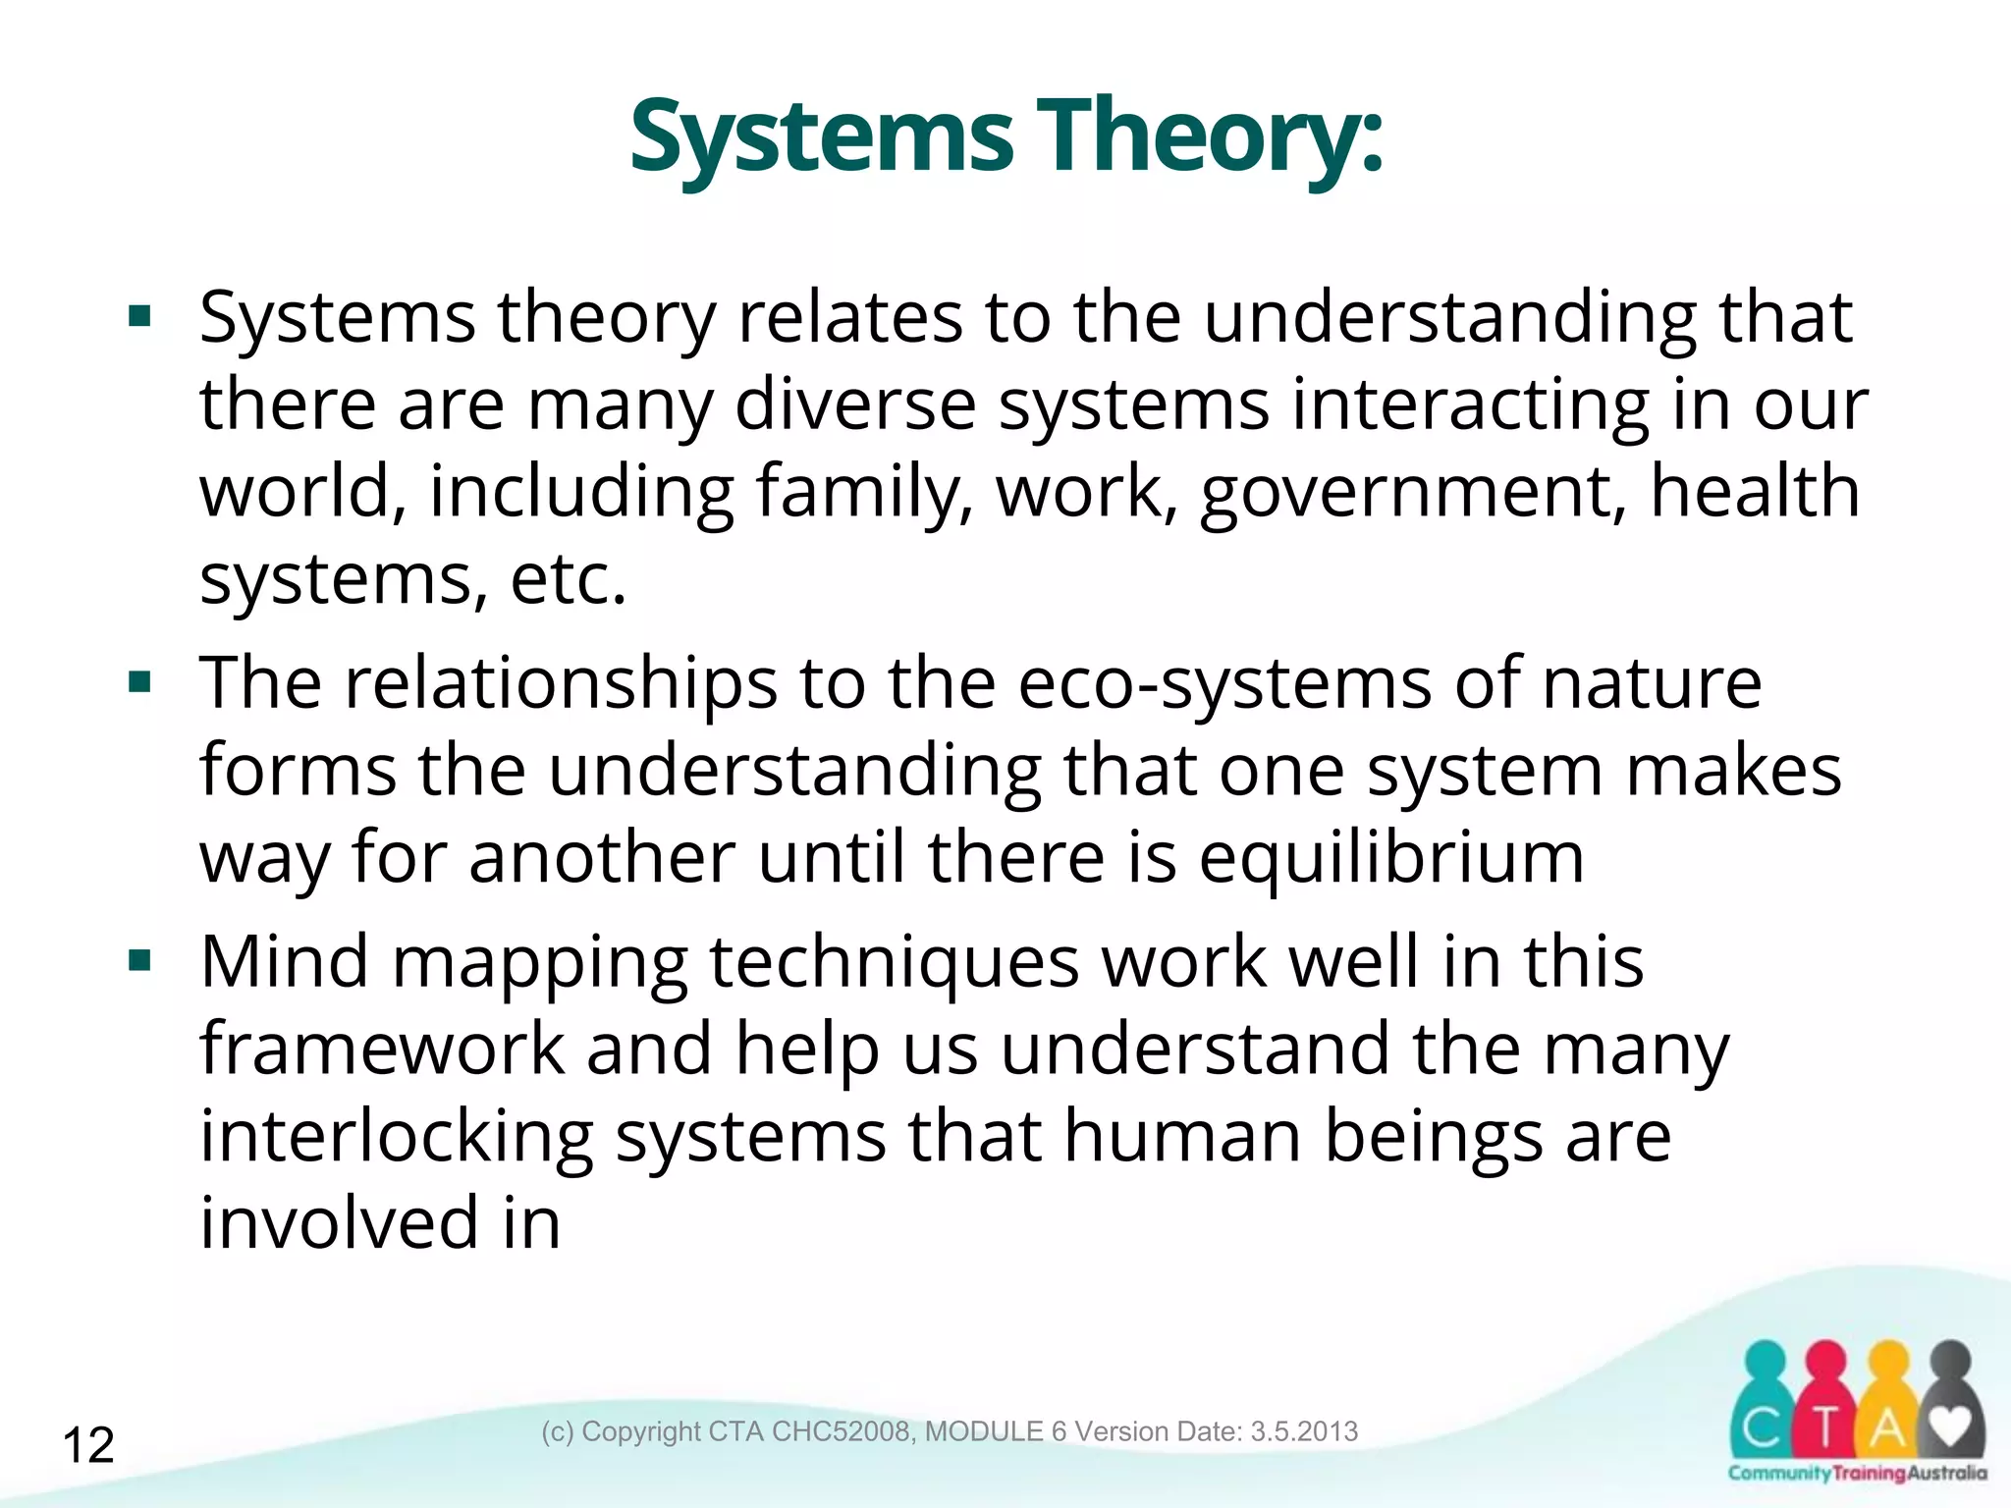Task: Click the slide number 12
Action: point(88,1445)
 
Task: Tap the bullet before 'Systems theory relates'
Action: point(139,316)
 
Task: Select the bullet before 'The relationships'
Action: point(139,681)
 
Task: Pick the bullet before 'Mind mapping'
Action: point(139,960)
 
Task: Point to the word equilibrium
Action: point(1390,856)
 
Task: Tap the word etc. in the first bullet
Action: point(568,579)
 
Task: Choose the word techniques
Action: point(894,962)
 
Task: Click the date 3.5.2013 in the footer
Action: point(1304,1431)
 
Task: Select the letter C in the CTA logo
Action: point(1762,1429)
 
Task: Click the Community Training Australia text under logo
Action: point(1856,1473)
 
